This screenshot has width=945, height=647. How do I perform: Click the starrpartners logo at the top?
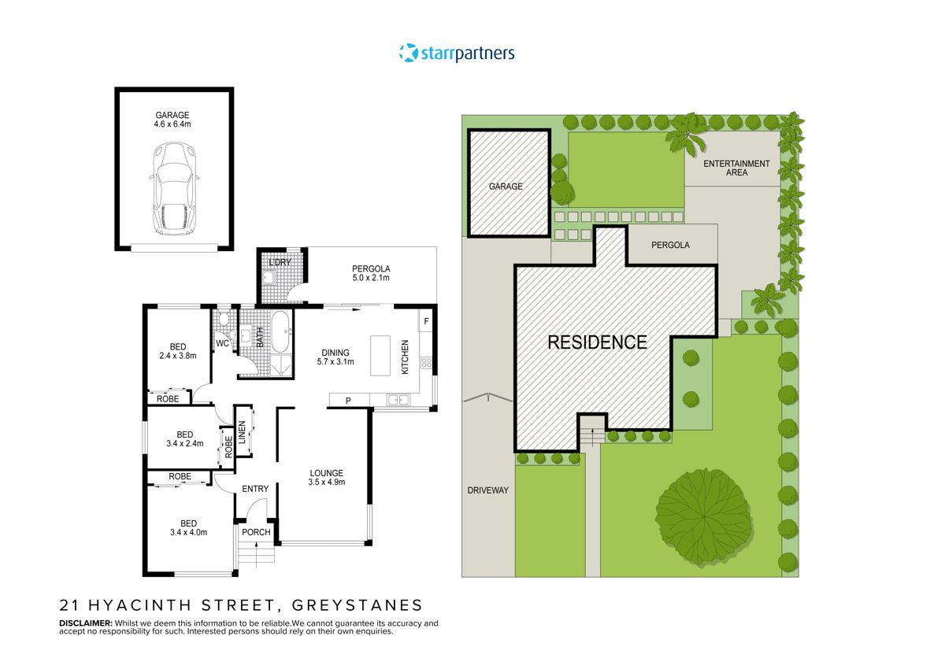(x=458, y=54)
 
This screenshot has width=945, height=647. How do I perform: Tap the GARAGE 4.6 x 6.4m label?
(x=172, y=120)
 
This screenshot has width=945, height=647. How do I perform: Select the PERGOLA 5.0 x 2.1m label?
(x=371, y=273)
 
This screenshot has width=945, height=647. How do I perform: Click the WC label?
(x=222, y=343)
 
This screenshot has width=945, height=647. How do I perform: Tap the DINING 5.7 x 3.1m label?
(x=338, y=357)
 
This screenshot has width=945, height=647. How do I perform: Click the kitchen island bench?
(x=380, y=355)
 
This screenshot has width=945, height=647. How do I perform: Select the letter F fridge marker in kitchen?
(x=426, y=321)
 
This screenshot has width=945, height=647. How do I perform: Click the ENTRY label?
(x=255, y=489)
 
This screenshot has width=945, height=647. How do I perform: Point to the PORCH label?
(x=256, y=532)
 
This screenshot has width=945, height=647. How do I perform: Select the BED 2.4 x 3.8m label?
(x=178, y=351)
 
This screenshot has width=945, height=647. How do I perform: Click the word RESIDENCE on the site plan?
(x=597, y=342)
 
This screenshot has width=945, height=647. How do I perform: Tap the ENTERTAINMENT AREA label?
(x=736, y=168)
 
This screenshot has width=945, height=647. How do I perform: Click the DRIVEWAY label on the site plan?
(x=487, y=490)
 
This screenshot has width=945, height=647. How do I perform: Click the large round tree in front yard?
(x=701, y=516)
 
